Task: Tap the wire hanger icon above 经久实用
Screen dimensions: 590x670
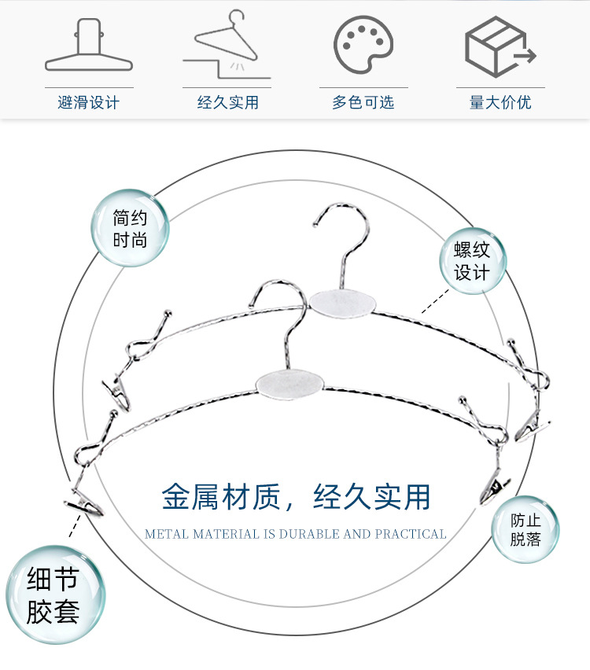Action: coord(227,45)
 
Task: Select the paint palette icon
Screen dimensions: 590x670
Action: coord(363,45)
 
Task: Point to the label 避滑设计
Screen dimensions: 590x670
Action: coord(89,102)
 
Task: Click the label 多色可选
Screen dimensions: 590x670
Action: coord(363,102)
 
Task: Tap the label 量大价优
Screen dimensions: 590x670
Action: coord(500,102)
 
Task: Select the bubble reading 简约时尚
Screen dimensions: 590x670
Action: coord(130,227)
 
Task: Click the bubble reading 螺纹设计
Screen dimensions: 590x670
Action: coord(472,261)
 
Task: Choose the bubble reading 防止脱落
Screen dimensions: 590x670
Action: coord(525,529)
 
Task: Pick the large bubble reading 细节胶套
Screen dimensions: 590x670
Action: coord(53,596)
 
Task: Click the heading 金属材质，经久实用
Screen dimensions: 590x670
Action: coord(297,497)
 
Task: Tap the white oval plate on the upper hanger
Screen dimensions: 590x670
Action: coord(341,302)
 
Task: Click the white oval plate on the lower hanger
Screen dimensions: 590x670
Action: coord(289,382)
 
